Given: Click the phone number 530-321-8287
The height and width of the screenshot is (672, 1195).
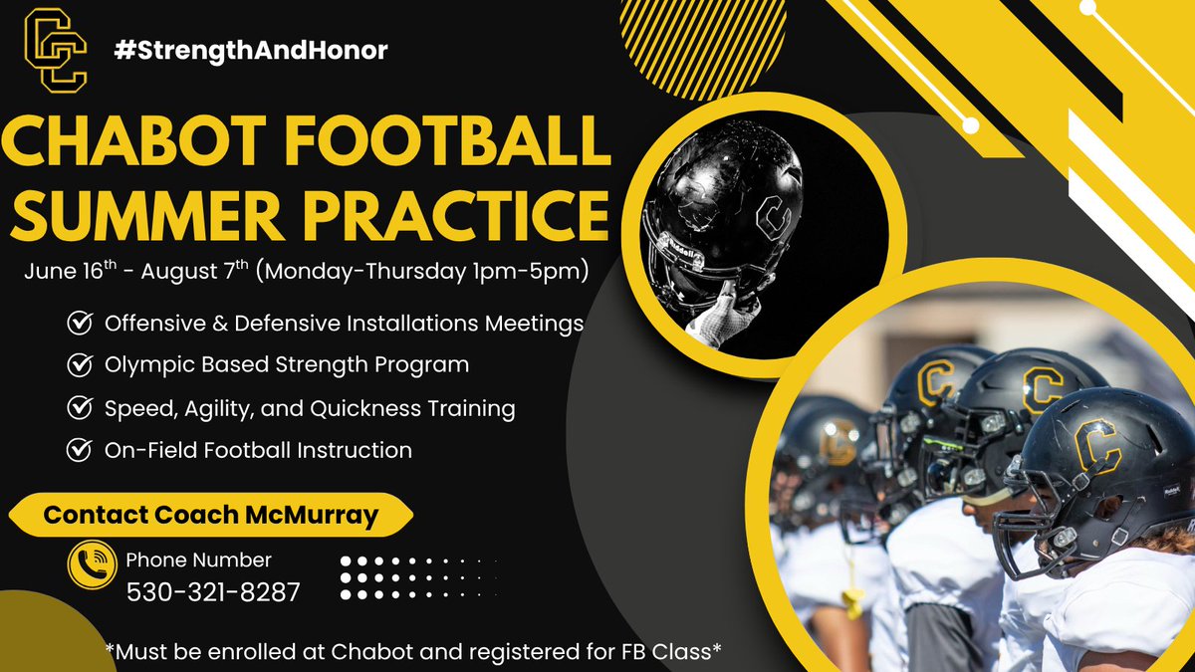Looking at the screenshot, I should point(213,592).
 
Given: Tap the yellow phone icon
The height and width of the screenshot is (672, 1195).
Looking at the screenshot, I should point(93,565).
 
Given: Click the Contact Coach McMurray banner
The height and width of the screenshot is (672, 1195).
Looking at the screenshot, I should point(211,515).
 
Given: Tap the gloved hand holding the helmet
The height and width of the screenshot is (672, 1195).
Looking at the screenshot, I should point(722,314).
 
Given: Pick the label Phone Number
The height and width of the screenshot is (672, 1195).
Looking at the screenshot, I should point(198,560).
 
